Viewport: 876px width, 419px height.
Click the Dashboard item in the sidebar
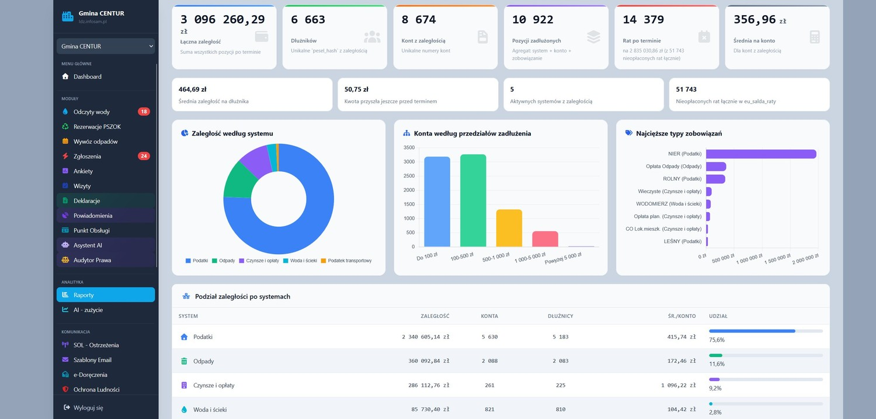click(87, 77)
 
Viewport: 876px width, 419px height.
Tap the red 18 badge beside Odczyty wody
click(144, 112)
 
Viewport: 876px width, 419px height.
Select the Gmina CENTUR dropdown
click(106, 46)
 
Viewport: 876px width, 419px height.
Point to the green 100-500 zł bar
click(473, 200)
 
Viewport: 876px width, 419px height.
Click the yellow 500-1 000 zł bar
click(509, 228)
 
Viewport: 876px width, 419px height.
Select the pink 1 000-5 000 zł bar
click(545, 239)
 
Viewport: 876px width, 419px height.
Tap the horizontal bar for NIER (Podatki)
click(761, 154)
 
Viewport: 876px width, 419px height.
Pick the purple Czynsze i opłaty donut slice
click(256, 159)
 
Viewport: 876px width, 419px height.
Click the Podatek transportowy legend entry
click(346, 261)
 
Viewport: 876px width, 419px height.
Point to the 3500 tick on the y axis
click(409, 147)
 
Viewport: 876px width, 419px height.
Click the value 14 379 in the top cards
click(644, 19)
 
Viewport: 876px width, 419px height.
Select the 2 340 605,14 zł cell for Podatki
click(426, 337)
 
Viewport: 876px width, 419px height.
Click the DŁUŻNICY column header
click(561, 316)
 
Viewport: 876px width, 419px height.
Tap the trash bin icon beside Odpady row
click(184, 361)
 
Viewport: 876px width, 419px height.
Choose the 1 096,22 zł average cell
click(679, 385)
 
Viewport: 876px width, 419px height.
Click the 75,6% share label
click(717, 340)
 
